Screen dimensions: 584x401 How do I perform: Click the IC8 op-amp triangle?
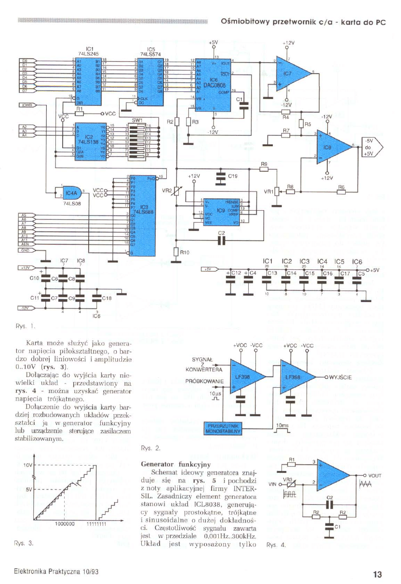(335, 145)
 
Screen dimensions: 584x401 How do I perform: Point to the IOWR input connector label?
(26, 105)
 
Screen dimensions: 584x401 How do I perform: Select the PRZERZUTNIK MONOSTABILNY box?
(224, 428)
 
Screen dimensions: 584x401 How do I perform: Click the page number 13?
(377, 574)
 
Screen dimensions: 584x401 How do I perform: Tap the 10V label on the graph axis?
(27, 465)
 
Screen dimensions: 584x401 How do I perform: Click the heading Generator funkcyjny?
(174, 465)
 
